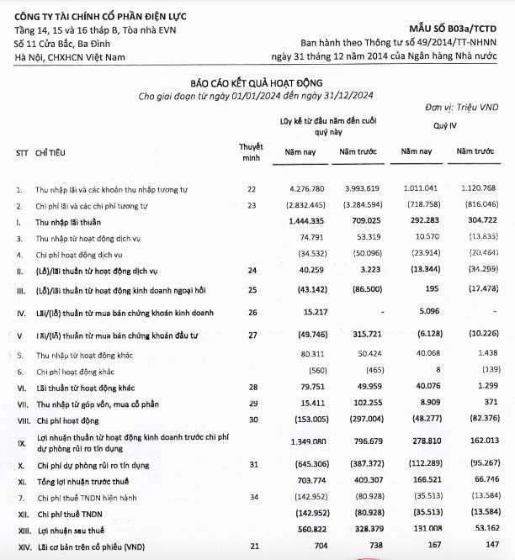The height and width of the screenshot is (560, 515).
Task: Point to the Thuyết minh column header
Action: (251, 151)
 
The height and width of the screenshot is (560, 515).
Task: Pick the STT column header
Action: (22, 153)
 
